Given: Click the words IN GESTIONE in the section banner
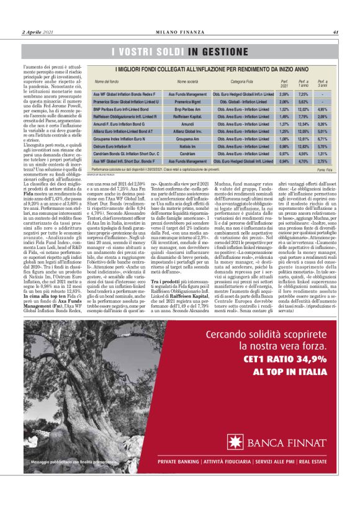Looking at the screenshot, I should pos(218,52).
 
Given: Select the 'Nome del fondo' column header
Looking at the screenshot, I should pos(107,82).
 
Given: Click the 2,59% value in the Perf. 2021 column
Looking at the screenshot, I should pos(285,94).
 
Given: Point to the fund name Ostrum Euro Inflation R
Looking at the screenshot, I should pos(112,146).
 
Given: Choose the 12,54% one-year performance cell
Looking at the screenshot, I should pos(304,124).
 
